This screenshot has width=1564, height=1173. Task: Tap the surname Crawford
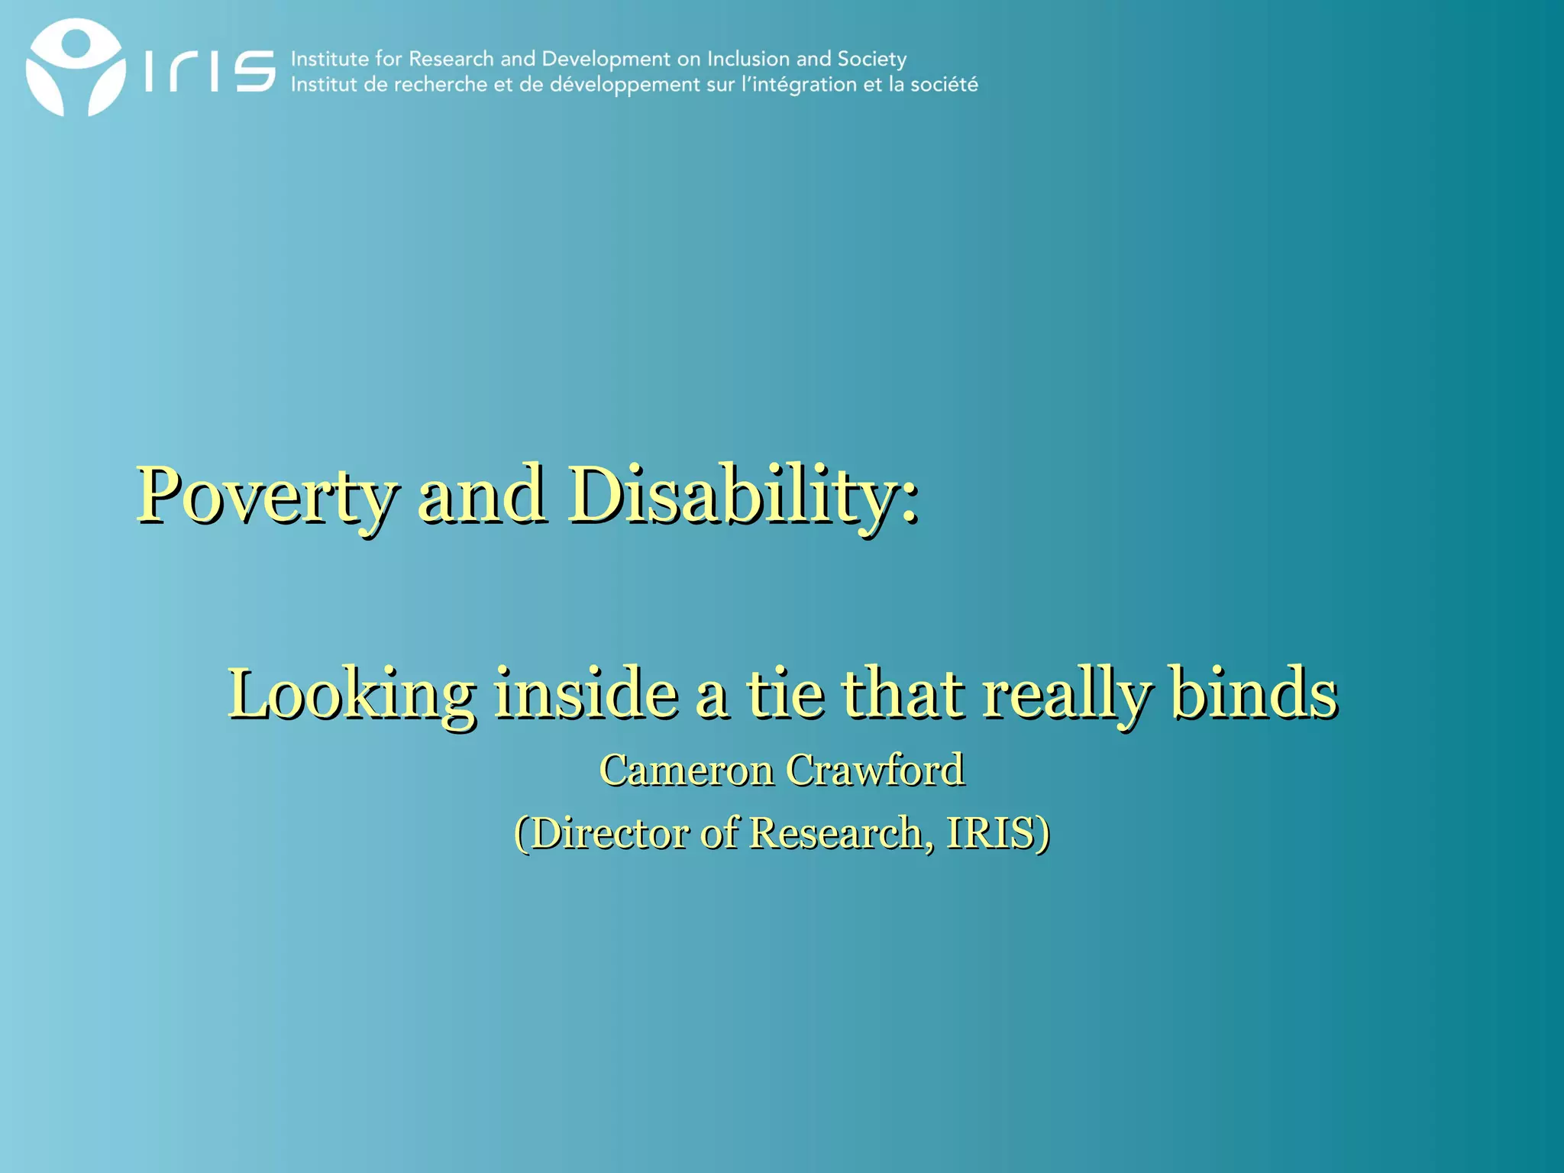point(875,770)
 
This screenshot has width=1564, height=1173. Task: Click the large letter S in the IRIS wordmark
point(254,71)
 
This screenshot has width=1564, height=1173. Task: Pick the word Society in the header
point(871,60)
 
